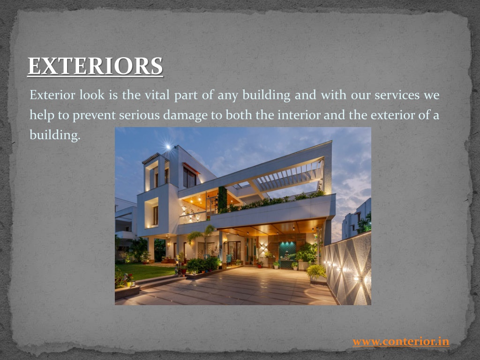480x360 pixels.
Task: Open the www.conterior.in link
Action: click(401, 341)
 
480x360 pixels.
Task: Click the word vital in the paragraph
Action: click(157, 95)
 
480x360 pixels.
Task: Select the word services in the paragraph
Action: click(397, 95)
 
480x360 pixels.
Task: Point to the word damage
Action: click(185, 115)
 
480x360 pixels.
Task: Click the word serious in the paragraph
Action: click(139, 115)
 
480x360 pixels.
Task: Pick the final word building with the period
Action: click(55, 135)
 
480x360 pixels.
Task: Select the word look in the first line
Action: click(92, 95)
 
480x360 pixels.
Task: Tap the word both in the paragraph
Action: click(239, 115)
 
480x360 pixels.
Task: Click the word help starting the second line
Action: click(42, 115)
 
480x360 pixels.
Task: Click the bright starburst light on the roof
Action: click(168, 146)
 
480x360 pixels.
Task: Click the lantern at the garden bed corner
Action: click(131, 284)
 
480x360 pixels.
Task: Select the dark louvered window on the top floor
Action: click(189, 177)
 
